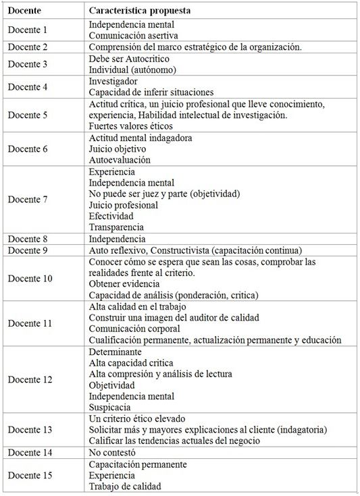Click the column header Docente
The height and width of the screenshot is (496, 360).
pyautogui.click(x=24, y=11)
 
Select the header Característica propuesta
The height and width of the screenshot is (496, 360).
pyautogui.click(x=139, y=11)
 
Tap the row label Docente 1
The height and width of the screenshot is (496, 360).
pyautogui.click(x=28, y=30)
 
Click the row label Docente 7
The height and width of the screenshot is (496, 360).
pyautogui.click(x=28, y=200)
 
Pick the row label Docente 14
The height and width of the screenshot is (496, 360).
pyautogui.click(x=30, y=452)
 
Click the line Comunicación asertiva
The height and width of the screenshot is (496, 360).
pyautogui.click(x=134, y=35)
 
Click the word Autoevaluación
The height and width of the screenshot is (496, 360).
pyautogui.click(x=120, y=160)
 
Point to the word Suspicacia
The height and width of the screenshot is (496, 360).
pyautogui.click(x=111, y=407)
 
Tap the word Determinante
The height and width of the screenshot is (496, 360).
pyautogui.click(x=115, y=352)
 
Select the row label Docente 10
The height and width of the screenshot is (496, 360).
pyautogui.click(x=30, y=278)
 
